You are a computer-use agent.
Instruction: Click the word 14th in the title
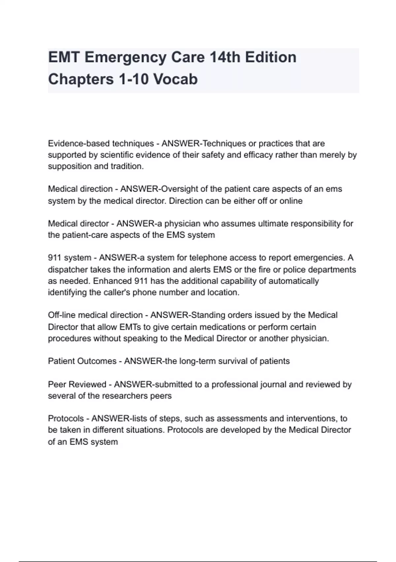(224, 57)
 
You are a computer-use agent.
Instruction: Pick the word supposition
(70, 166)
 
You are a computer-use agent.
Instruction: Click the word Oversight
(180, 189)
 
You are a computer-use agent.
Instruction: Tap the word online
(291, 201)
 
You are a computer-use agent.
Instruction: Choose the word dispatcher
(68, 270)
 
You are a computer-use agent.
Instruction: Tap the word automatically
(294, 281)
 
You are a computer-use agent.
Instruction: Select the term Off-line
(62, 315)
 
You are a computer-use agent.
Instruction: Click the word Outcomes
(97, 361)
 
